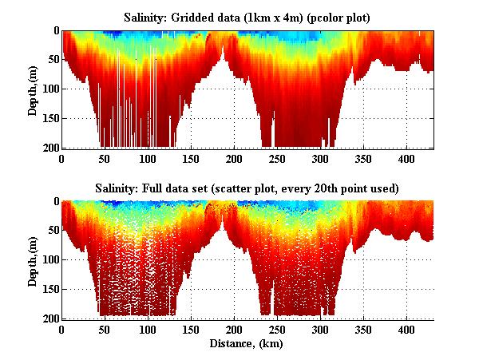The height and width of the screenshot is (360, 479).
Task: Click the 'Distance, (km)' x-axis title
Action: click(248, 344)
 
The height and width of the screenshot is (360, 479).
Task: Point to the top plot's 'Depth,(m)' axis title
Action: click(33, 89)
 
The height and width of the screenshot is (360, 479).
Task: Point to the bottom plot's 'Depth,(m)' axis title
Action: click(33, 259)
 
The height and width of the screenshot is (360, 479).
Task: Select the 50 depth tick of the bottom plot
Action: click(51, 231)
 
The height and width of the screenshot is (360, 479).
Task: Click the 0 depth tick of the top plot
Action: click(53, 31)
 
